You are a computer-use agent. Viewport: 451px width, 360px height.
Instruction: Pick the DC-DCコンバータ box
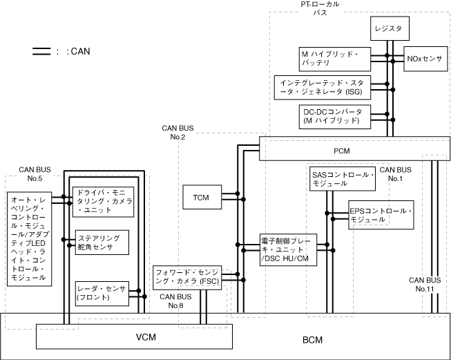point(331,115)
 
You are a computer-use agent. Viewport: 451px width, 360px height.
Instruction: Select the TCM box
point(200,197)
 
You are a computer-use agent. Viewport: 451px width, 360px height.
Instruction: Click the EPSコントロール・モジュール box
point(381,214)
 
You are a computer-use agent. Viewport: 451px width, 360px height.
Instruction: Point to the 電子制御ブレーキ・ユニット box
point(288,249)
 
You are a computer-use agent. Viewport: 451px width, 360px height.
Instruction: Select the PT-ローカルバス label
point(320,8)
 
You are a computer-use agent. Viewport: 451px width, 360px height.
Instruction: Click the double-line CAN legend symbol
point(41,50)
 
